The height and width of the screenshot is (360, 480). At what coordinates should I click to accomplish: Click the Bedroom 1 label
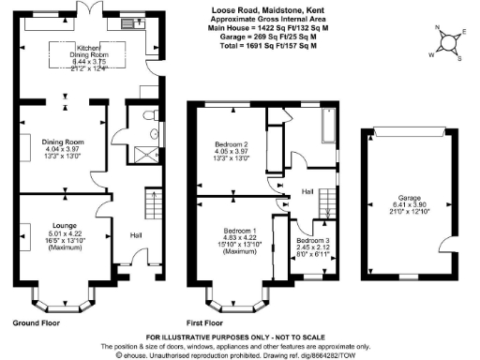point(240,231)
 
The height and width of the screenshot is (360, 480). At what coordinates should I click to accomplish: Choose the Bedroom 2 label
point(228,145)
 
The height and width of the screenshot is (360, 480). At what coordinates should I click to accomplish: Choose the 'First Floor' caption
point(211,322)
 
